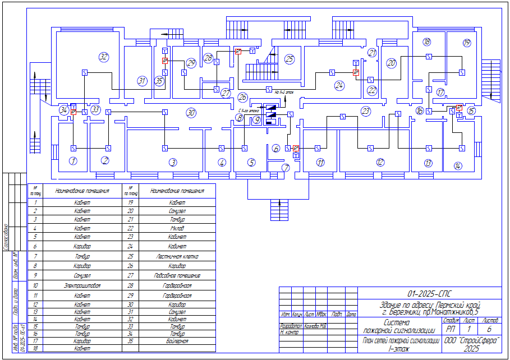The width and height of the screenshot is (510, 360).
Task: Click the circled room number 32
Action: [103, 57]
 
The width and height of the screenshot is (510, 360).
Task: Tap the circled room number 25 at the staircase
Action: [289, 58]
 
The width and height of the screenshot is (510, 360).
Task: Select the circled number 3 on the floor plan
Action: [173, 162]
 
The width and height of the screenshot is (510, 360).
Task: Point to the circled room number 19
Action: [467, 43]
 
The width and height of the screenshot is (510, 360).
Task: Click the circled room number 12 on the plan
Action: [380, 163]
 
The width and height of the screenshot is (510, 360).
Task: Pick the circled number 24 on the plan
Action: [339, 86]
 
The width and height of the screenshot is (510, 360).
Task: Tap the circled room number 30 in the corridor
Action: [191, 113]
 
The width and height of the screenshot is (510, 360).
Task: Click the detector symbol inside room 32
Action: [85, 72]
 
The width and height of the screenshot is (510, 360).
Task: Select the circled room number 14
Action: [458, 165]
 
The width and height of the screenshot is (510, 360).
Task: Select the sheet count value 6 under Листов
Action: [489, 330]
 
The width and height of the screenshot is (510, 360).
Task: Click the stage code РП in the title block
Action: [451, 330]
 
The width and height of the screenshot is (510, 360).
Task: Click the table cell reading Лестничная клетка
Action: [177, 256]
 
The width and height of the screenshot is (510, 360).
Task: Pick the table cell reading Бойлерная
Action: [177, 340]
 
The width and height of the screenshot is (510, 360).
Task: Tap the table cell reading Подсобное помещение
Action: [177, 276]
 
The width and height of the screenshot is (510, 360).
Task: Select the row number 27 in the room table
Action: [130, 276]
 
